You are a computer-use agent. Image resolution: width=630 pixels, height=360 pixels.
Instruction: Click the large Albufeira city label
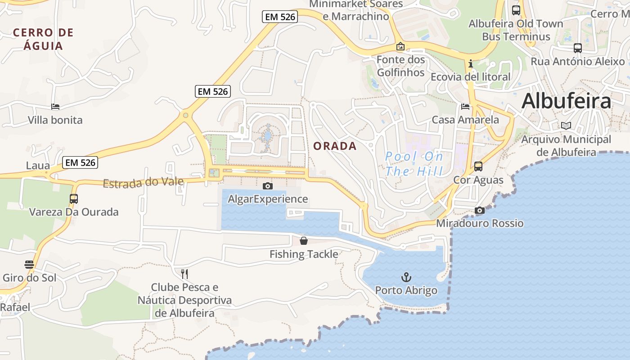pyautogui.click(x=566, y=101)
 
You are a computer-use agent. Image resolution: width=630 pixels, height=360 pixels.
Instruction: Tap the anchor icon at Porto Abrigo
pyautogui.click(x=406, y=277)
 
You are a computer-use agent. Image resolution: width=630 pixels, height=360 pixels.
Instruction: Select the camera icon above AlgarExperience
pyautogui.click(x=268, y=186)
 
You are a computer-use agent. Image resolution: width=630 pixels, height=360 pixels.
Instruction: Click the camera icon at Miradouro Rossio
pyautogui.click(x=480, y=211)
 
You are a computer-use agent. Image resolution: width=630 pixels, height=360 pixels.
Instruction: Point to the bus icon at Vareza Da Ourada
pyautogui.click(x=74, y=199)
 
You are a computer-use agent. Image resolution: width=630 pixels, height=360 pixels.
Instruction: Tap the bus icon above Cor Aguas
pyautogui.click(x=478, y=166)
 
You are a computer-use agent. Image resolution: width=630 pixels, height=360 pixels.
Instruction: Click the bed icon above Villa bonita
pyautogui.click(x=55, y=107)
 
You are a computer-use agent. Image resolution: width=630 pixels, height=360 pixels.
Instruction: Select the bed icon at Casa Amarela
pyautogui.click(x=465, y=107)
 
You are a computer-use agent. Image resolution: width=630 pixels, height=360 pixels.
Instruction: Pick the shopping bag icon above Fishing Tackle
pyautogui.click(x=304, y=241)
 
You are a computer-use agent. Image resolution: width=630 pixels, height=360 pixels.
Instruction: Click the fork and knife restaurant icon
pyautogui.click(x=184, y=274)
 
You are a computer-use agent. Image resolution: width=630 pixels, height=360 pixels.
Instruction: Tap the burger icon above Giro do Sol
pyautogui.click(x=29, y=265)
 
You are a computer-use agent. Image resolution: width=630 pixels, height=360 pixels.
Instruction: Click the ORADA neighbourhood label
pyautogui.click(x=335, y=146)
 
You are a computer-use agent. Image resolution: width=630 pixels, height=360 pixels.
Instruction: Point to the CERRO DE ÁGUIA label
pyautogui.click(x=43, y=39)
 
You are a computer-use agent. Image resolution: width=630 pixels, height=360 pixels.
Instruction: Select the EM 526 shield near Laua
pyautogui.click(x=81, y=162)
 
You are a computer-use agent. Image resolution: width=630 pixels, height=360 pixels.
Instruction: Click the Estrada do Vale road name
pyautogui.click(x=143, y=182)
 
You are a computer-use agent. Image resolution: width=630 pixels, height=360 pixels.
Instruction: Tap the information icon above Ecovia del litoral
pyautogui.click(x=471, y=63)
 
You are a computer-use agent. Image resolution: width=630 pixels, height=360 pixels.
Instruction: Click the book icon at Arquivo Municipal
pyautogui.click(x=566, y=126)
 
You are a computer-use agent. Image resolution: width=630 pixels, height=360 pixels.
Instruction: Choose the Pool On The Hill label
pyautogui.click(x=414, y=164)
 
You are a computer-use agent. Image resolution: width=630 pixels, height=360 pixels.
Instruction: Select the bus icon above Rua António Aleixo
pyautogui.click(x=578, y=48)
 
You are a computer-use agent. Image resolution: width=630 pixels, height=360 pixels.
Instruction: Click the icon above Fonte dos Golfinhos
pyautogui.click(x=400, y=46)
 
